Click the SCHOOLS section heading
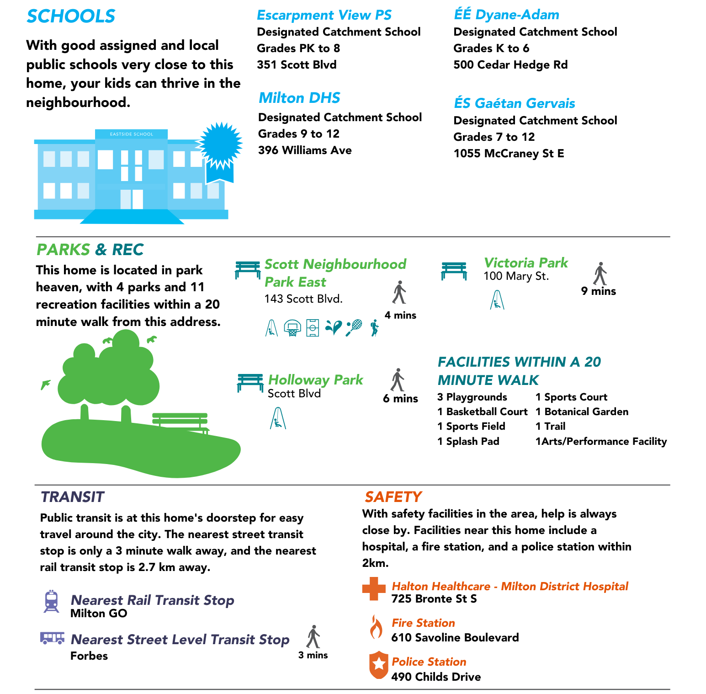71,16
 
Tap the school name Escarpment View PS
324,15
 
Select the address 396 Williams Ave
305,150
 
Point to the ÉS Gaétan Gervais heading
514,103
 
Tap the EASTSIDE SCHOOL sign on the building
132,134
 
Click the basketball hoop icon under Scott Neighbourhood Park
292,327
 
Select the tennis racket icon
354,327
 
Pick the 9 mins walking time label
599,291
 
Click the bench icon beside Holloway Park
250,382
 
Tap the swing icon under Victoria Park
497,300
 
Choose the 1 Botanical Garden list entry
582,412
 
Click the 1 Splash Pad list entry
468,442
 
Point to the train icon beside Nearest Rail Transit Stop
51,601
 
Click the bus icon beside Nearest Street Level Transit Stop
52,638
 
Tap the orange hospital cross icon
374,588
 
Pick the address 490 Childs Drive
436,677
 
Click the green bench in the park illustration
180,422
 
